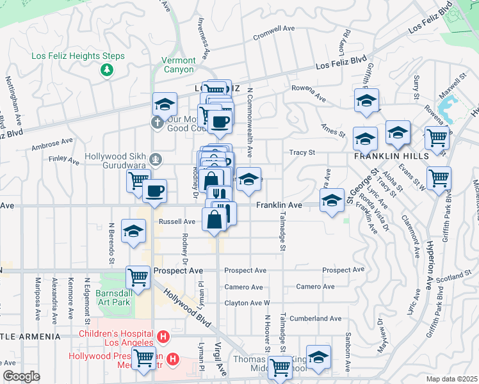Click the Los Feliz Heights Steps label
pos(78,56)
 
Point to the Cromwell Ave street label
pos(273,29)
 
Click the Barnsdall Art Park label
pos(122,300)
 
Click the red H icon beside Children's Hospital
pos(164,336)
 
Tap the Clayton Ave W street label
pos(247,303)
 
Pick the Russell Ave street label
pos(177,221)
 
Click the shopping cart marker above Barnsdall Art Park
pos(138,276)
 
